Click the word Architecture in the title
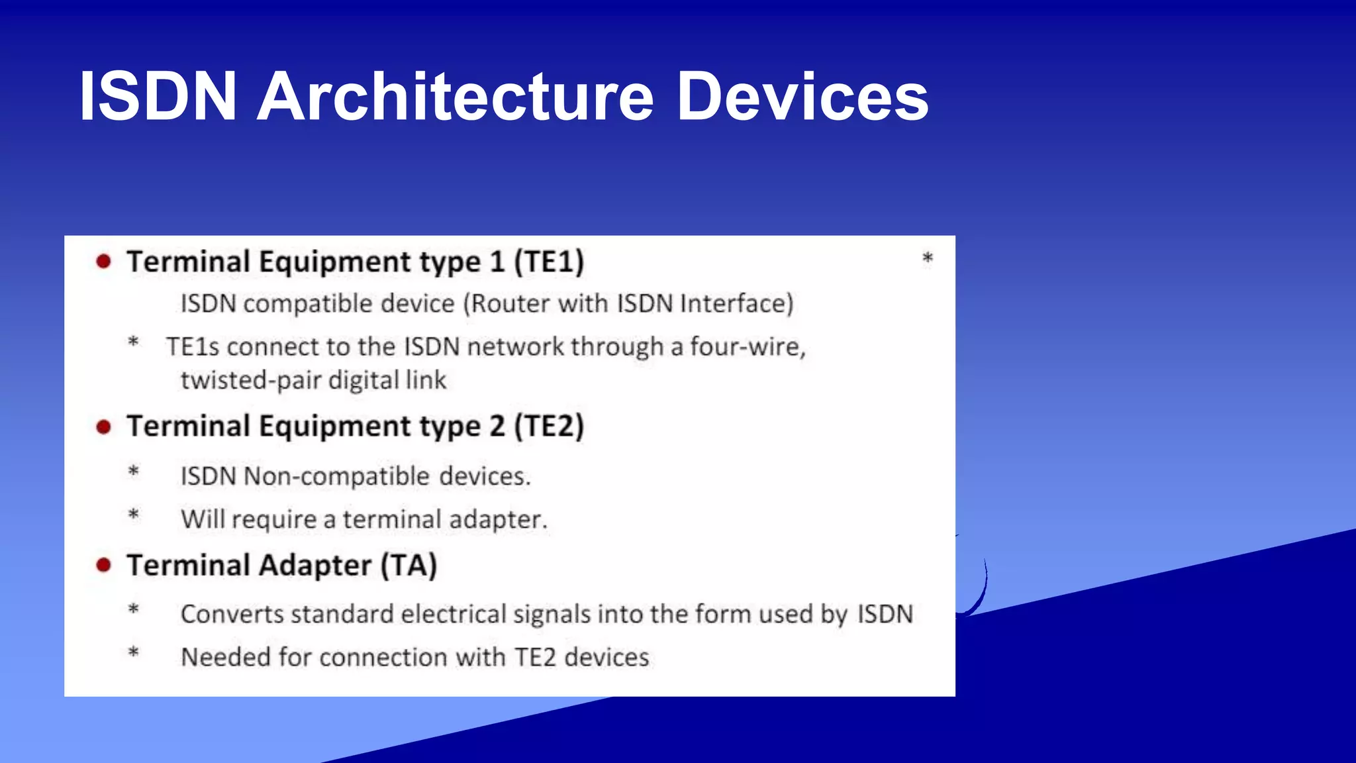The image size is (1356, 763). pyautogui.click(x=456, y=97)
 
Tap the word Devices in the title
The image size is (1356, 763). pyautogui.click(x=802, y=97)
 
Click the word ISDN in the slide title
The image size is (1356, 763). pyautogui.click(x=158, y=97)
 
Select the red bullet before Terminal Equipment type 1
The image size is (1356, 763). pyautogui.click(x=103, y=262)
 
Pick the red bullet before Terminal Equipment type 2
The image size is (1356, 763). pyautogui.click(x=103, y=427)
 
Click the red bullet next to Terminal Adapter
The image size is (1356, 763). pyautogui.click(x=103, y=566)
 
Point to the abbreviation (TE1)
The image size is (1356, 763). pyautogui.click(x=549, y=262)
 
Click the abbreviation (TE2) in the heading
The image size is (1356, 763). pyautogui.click(x=549, y=426)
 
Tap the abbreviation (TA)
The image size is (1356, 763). pyautogui.click(x=409, y=566)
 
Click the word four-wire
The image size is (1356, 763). pyautogui.click(x=748, y=346)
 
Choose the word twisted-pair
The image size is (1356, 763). pyautogui.click(x=251, y=381)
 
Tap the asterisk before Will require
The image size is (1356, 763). pyautogui.click(x=134, y=515)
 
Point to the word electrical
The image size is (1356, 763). pyautogui.click(x=454, y=614)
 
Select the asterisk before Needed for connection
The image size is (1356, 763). pyautogui.click(x=134, y=652)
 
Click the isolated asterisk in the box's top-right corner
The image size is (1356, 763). pyautogui.click(x=928, y=258)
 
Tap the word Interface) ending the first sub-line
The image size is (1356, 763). pyautogui.click(x=736, y=304)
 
